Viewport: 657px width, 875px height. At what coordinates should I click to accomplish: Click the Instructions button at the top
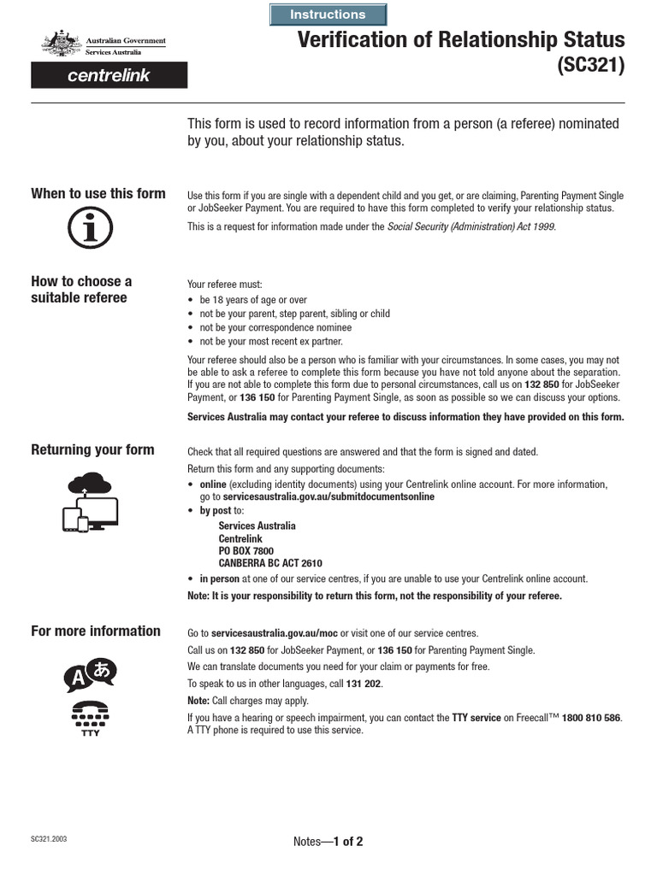tap(328, 15)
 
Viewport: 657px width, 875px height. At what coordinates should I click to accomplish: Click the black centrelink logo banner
tap(109, 75)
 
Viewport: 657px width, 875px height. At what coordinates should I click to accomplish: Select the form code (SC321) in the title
tap(591, 66)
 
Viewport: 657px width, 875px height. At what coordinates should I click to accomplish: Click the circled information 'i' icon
tap(90, 228)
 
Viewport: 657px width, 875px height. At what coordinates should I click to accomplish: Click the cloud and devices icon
tap(90, 501)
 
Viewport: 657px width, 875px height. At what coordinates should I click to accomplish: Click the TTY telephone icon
tap(90, 715)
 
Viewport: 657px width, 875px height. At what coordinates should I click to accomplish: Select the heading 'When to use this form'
tap(98, 193)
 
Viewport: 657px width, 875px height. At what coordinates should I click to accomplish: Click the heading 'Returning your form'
tap(92, 449)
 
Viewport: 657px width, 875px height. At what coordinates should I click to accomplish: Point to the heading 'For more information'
tap(96, 631)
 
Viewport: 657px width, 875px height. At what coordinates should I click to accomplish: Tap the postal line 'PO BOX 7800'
tap(246, 551)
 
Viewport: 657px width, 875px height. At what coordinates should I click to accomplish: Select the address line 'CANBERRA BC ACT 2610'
tap(270, 564)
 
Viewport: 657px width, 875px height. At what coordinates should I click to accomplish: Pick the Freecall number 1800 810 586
tap(592, 718)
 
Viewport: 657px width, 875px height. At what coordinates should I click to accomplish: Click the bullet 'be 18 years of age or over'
tap(253, 300)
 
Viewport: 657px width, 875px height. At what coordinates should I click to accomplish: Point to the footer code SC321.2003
tap(50, 839)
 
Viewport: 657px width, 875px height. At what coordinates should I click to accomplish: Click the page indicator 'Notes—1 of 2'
tap(328, 842)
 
